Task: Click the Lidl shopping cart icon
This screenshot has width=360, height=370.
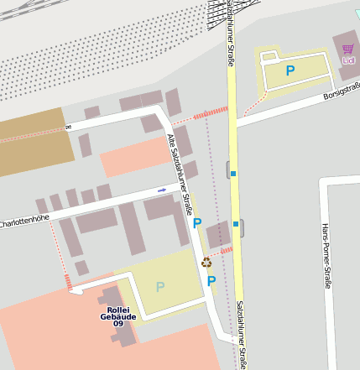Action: pyautogui.click(x=347, y=49)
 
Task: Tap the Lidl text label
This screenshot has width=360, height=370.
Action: pyautogui.click(x=348, y=60)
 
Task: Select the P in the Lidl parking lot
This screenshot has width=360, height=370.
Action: pyautogui.click(x=290, y=71)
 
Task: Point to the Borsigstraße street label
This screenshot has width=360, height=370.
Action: pyautogui.click(x=342, y=90)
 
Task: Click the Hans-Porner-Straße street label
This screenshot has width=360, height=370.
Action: pyautogui.click(x=326, y=255)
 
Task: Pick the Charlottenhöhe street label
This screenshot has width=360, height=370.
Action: pyautogui.click(x=24, y=221)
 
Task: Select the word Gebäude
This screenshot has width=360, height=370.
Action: pyautogui.click(x=117, y=316)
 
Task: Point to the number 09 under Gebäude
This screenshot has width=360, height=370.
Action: pyautogui.click(x=118, y=324)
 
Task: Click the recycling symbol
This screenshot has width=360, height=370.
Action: pyautogui.click(x=206, y=262)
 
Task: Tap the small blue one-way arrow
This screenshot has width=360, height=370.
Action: pyautogui.click(x=162, y=190)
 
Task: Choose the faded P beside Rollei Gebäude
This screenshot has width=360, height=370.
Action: pyautogui.click(x=159, y=287)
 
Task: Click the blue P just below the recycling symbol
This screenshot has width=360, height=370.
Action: pyautogui.click(x=211, y=281)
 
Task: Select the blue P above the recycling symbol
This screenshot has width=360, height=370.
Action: pyautogui.click(x=197, y=223)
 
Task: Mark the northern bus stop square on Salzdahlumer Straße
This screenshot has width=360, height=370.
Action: pyautogui.click(x=233, y=174)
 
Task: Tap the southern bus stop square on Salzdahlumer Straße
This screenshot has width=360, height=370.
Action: pyautogui.click(x=237, y=224)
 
